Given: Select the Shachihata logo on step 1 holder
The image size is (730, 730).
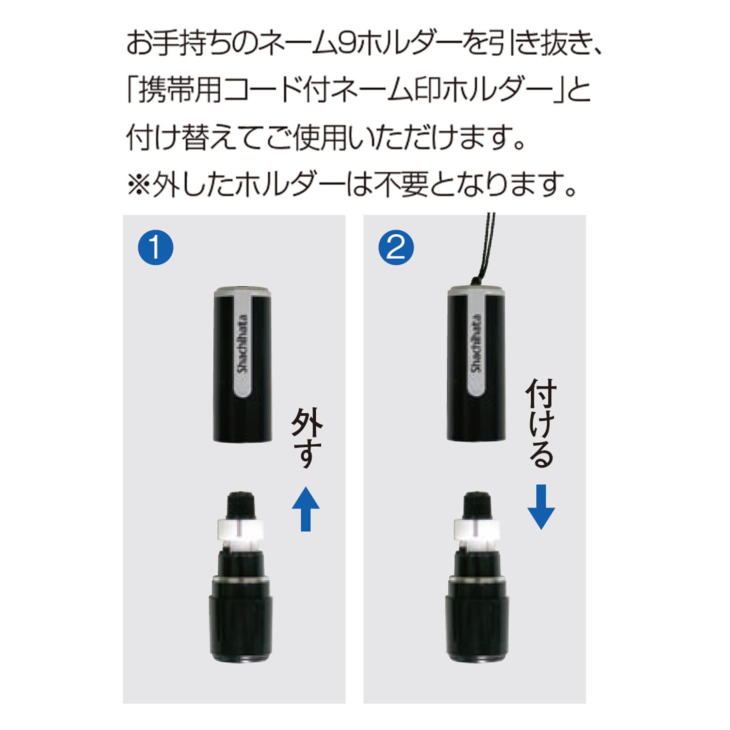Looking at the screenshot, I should point(243,344).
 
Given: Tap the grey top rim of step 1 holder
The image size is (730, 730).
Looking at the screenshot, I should point(243,292).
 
